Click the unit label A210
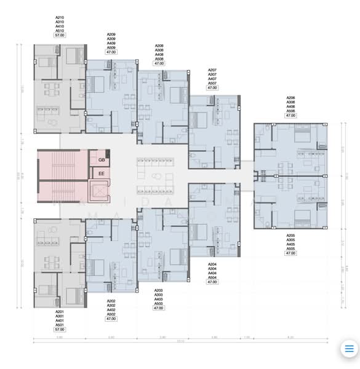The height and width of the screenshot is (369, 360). pyautogui.click(x=60, y=18)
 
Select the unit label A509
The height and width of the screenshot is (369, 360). pyautogui.click(x=111, y=47)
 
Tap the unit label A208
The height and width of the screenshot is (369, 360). pyautogui.click(x=159, y=46)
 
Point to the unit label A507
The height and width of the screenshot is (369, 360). pyautogui.click(x=212, y=83)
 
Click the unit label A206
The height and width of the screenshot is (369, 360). pyautogui.click(x=290, y=98)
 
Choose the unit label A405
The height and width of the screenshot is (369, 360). pyautogui.click(x=290, y=244)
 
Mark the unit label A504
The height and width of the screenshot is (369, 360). pyautogui.click(x=212, y=277)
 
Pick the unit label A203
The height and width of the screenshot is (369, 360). pyautogui.click(x=159, y=290)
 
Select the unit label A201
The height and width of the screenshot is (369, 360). pyautogui.click(x=60, y=312)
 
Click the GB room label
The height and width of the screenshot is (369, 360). pyautogui.click(x=101, y=160)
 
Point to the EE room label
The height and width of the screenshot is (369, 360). pyautogui.click(x=101, y=174)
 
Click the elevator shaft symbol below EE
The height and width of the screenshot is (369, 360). pyautogui.click(x=98, y=192)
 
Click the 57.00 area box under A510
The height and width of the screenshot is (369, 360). pyautogui.click(x=60, y=36)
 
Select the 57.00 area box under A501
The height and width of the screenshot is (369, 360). pyautogui.click(x=60, y=330)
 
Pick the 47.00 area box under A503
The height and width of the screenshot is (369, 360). pyautogui.click(x=159, y=308)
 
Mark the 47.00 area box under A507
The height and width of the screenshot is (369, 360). pyautogui.click(x=212, y=88)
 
